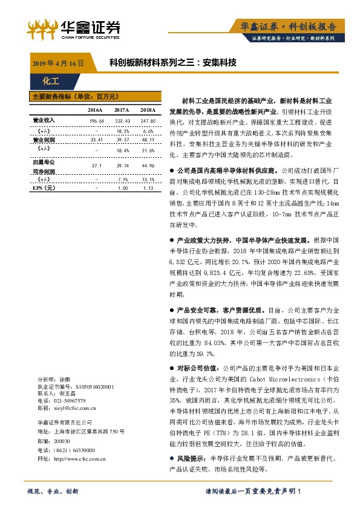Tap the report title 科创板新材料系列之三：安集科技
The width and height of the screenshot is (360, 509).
coord(172,62)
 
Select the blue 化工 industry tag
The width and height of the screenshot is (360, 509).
coord(51,80)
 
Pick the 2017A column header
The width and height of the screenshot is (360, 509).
coord(122,110)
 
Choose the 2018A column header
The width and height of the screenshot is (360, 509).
coord(148,110)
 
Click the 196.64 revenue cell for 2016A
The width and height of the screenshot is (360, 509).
coord(97,121)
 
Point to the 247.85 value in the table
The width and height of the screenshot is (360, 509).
coord(148,121)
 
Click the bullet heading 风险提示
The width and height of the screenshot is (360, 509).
coord(191,459)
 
